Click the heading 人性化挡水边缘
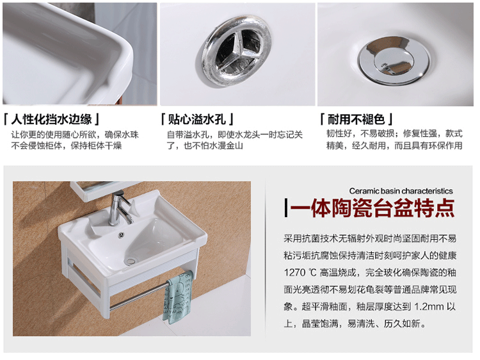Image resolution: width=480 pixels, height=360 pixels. point(51,119)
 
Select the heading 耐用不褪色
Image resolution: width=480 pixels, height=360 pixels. point(356,119)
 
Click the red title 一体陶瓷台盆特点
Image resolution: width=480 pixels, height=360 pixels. point(372,208)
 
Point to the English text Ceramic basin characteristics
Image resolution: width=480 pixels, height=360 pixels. point(401,191)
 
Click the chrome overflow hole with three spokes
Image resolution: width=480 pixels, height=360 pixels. point(237,51)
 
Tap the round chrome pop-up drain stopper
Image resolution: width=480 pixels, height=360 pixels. point(394,60)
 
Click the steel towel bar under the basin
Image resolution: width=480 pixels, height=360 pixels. point(138,297)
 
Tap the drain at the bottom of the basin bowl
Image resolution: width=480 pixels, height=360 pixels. point(131,261)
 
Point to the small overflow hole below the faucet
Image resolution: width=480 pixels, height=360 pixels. point(121,235)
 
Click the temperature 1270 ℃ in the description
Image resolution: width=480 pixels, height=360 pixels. point(300,272)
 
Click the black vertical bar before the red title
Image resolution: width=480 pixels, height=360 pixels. point(286,208)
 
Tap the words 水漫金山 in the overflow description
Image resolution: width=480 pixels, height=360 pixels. point(226,145)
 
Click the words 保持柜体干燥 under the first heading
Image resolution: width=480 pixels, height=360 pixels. point(96,145)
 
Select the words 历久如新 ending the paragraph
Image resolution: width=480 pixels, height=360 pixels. point(402,323)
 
